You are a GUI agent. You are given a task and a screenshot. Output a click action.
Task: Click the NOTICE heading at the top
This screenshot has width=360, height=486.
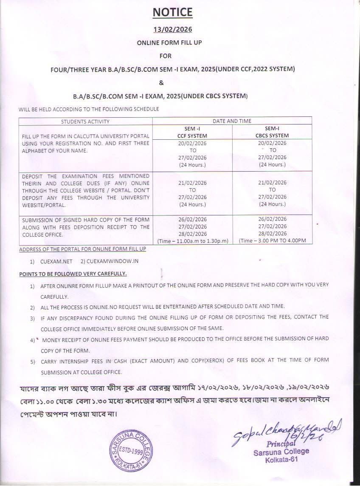(x=173, y=12)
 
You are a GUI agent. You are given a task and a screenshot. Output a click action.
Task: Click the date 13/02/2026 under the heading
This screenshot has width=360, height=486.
(x=173, y=29)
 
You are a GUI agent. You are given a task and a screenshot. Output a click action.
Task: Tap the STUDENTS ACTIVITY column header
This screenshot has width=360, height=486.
(x=85, y=121)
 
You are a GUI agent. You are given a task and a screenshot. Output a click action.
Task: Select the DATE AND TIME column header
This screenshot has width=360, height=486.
(x=232, y=121)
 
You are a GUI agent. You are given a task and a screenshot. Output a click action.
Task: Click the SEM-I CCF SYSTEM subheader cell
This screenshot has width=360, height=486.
(x=192, y=132)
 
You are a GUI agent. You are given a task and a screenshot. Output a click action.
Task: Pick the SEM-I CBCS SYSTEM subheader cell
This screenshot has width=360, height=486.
(x=272, y=132)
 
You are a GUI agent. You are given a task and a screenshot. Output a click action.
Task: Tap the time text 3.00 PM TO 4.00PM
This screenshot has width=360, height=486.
(x=274, y=241)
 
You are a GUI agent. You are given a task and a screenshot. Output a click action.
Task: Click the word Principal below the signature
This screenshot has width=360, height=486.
(x=281, y=444)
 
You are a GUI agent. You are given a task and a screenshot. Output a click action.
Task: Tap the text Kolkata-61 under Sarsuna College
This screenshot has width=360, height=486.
(x=281, y=460)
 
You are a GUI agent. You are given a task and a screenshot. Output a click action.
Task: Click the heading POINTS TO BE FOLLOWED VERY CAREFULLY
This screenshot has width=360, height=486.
(x=73, y=274)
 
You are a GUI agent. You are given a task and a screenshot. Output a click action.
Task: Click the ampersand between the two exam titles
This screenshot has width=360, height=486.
(x=173, y=82)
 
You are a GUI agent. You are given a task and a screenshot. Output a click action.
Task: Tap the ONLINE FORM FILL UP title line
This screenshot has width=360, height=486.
(x=173, y=43)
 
